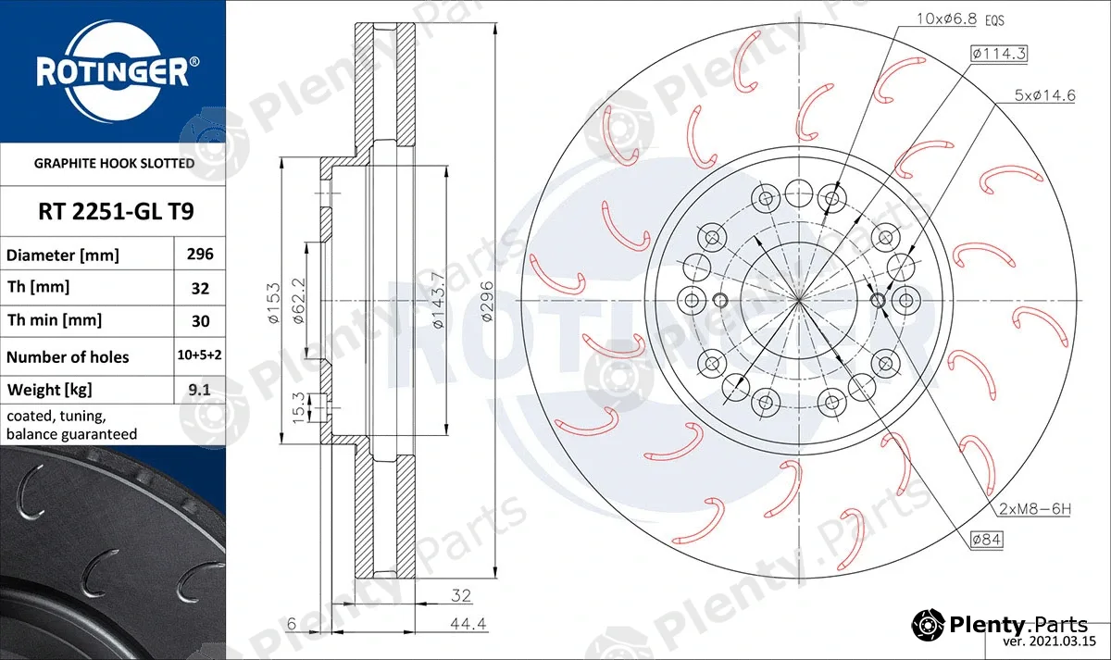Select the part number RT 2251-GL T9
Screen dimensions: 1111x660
116,211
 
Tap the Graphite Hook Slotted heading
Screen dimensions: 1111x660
114,163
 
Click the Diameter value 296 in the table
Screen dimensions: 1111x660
200,254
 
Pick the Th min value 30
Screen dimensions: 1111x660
200,321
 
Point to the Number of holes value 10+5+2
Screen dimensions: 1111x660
199,355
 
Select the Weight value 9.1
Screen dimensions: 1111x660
199,390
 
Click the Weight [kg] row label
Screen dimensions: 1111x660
50,390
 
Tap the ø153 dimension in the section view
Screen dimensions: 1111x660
274,303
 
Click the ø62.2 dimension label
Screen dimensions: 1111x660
298,301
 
